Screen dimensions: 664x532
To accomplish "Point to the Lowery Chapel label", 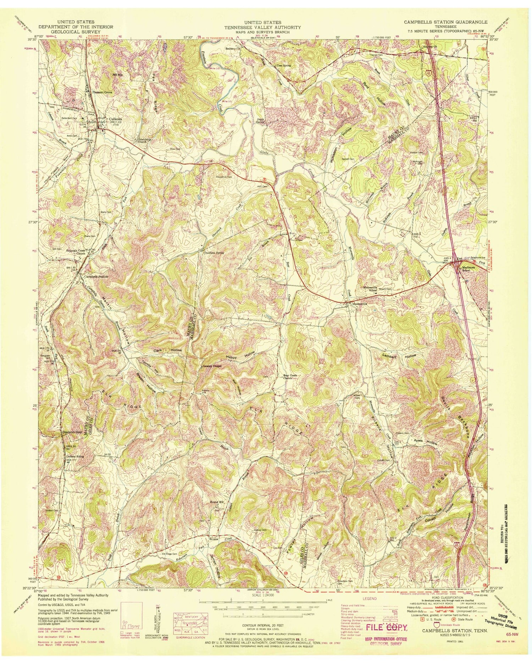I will coord(212,366).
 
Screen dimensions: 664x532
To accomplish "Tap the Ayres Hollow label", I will coord(426,442).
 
